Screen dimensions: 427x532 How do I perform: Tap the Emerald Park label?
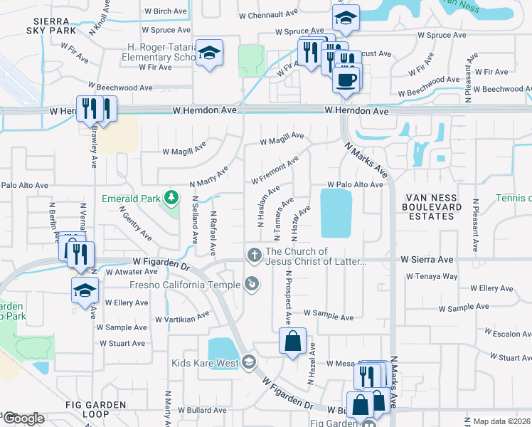[x=132, y=198]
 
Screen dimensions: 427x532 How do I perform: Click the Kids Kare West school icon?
[x=248, y=363]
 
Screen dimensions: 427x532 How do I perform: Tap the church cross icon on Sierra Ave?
[x=254, y=255]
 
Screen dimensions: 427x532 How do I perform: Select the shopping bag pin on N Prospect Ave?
[x=292, y=342]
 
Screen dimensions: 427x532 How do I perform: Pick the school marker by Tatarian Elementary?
[x=209, y=53]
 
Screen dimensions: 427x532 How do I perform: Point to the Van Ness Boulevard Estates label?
[x=433, y=207]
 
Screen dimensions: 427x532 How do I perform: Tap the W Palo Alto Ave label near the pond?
[x=355, y=185]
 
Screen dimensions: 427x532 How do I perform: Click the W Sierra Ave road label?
[x=426, y=260]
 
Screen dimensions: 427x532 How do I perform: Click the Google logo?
[x=23, y=418]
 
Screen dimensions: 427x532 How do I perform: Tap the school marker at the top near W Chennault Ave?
[x=346, y=19]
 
